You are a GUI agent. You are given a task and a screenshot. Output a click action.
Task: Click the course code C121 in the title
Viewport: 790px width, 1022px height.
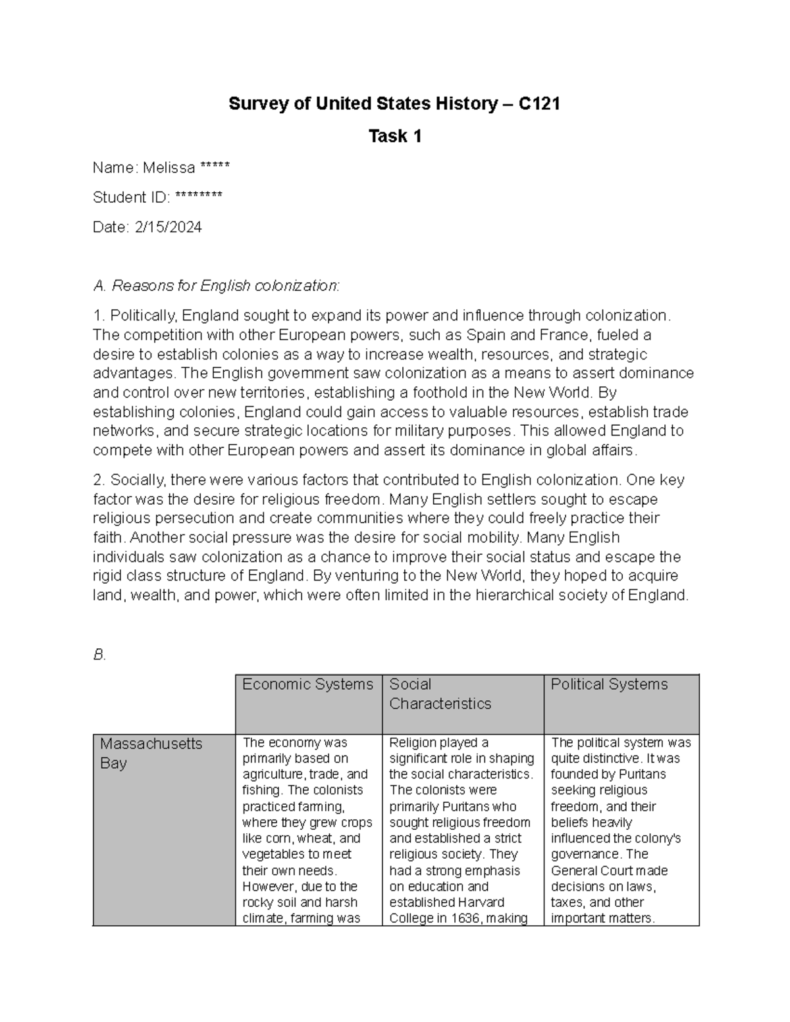(539, 104)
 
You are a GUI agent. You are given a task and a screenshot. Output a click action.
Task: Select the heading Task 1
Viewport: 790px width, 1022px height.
(395, 136)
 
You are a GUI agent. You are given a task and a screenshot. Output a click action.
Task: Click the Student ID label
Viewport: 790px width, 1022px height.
(131, 197)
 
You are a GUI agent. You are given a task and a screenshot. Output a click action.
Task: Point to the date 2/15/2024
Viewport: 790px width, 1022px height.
(168, 227)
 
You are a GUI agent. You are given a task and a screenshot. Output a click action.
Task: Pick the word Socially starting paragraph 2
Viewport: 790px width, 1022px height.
(135, 480)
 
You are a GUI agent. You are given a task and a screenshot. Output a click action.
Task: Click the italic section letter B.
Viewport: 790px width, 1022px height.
(99, 655)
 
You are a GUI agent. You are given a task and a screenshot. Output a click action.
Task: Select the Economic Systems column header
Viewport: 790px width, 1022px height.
(307, 684)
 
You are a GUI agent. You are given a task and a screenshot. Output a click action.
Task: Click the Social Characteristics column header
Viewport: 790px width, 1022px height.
(440, 694)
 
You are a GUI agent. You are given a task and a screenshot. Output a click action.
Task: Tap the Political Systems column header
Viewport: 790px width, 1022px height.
(609, 684)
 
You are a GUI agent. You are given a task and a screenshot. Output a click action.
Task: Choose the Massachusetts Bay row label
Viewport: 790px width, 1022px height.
(151, 754)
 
